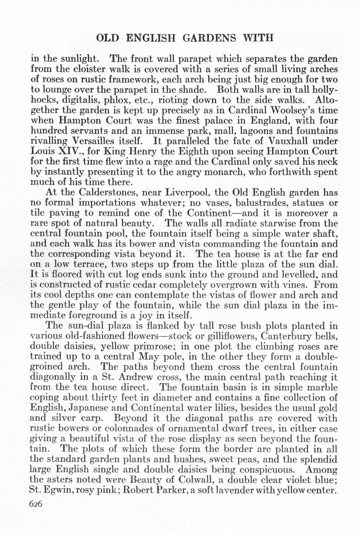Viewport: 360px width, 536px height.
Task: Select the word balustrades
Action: [247, 202]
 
